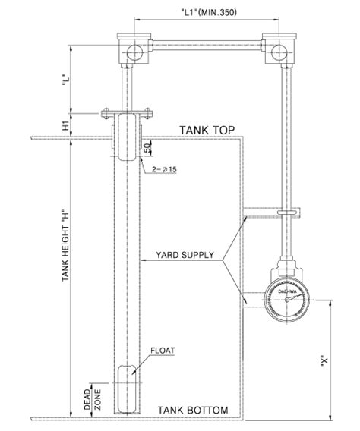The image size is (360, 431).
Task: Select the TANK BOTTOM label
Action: pyautogui.click(x=193, y=411)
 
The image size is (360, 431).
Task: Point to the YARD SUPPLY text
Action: pyautogui.click(x=185, y=255)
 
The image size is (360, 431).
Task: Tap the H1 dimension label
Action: pyautogui.click(x=67, y=124)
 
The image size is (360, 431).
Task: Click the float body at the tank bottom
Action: pyautogui.click(x=127, y=387)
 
